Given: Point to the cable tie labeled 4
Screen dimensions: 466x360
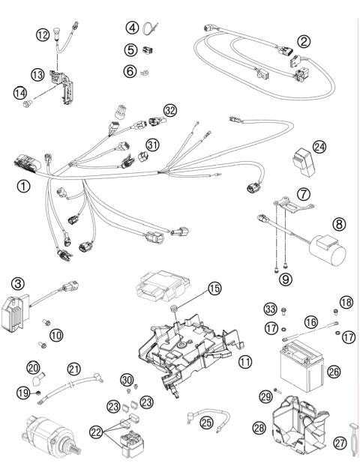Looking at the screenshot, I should (154, 30).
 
